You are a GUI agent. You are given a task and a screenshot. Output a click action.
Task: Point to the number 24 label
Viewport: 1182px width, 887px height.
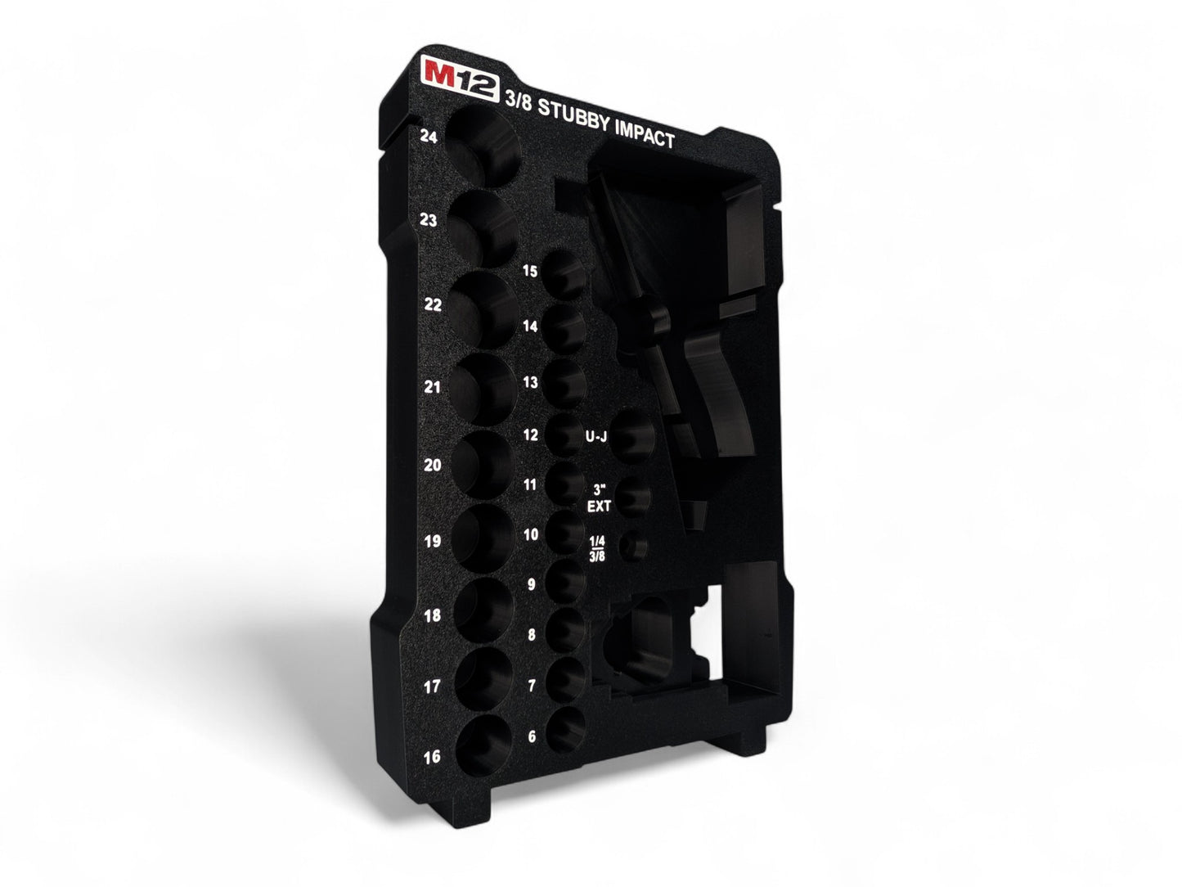tap(429, 137)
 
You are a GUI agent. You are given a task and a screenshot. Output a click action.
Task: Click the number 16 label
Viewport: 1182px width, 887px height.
tap(432, 757)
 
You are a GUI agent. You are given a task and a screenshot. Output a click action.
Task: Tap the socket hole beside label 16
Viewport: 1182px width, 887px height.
tap(483, 745)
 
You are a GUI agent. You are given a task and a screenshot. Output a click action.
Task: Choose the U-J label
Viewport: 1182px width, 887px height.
tap(596, 437)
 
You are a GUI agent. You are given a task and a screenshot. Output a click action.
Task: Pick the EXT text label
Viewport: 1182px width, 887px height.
tap(599, 507)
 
